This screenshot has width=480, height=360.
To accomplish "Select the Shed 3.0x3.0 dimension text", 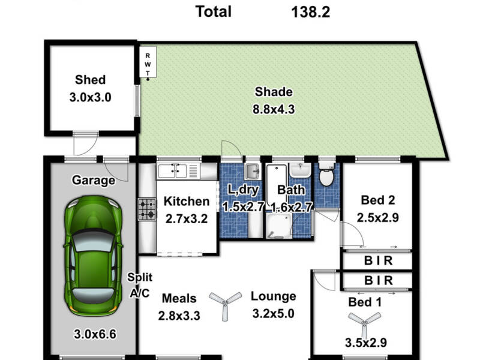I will [90, 96].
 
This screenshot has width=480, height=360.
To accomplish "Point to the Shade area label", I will [274, 92].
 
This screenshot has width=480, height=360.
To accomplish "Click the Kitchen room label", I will [187, 202].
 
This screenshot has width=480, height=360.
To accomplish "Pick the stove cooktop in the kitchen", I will [148, 210].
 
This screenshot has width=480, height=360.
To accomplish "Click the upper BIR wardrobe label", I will [379, 261].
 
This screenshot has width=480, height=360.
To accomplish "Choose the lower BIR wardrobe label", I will [379, 280].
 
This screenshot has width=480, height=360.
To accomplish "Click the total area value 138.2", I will [310, 11].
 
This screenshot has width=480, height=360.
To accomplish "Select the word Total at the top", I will [214, 11].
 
